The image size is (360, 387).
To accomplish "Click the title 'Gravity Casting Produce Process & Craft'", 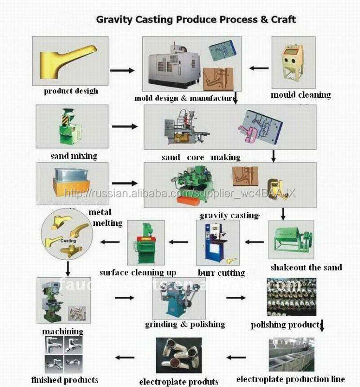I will [x=196, y=20].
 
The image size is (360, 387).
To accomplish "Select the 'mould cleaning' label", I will [x=300, y=95].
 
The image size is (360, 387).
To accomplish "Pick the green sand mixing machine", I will [x=67, y=127].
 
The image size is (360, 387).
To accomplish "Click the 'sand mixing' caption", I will [x=74, y=156].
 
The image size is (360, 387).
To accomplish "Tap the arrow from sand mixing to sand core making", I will [x=124, y=127].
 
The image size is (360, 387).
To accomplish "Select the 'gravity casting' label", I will [x=229, y=215].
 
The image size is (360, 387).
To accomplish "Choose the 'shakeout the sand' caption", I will [x=306, y=268].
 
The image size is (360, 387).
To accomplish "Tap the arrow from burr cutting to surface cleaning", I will [x=178, y=241].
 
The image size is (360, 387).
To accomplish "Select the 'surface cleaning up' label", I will [x=138, y=272].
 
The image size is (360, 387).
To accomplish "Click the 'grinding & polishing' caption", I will [x=185, y=324].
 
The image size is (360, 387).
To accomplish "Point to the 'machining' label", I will [x=62, y=331].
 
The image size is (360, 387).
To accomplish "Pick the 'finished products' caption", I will [x=65, y=380].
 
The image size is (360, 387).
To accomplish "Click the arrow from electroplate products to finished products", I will [x=124, y=358].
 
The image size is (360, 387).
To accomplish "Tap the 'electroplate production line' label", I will [x=290, y=379].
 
